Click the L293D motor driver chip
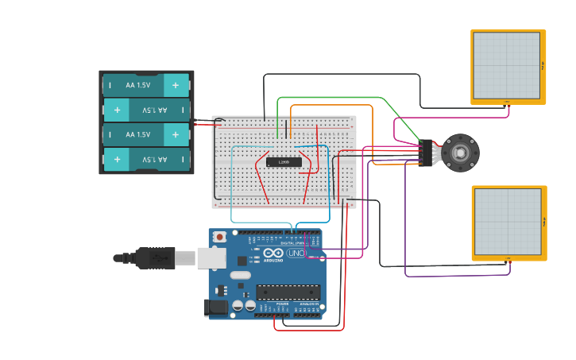pyautogui.click(x=284, y=162)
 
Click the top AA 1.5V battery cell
pyautogui.click(x=146, y=85)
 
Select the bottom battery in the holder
pyautogui.click(x=146, y=160)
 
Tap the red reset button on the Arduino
pyautogui.click(x=218, y=237)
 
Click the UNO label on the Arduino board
pyautogui.click(x=296, y=254)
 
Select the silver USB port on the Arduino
pyautogui.click(x=211, y=257)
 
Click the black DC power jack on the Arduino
pyautogui.click(x=214, y=308)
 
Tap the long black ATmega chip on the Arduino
pyautogui.click(x=288, y=292)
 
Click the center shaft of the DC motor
pyautogui.click(x=461, y=152)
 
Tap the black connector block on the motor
pyautogui.click(x=428, y=152)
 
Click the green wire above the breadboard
pyautogui.click(x=334, y=98)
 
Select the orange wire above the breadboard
pyautogui.click(x=334, y=105)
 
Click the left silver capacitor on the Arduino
pyautogui.click(x=238, y=305)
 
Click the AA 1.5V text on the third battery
pyautogui.click(x=137, y=135)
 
